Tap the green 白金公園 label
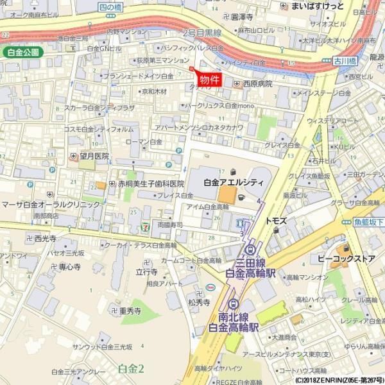coord(22,52)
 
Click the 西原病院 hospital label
coord(256,83)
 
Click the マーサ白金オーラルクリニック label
coord(51,204)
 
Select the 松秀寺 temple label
coord(199,302)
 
